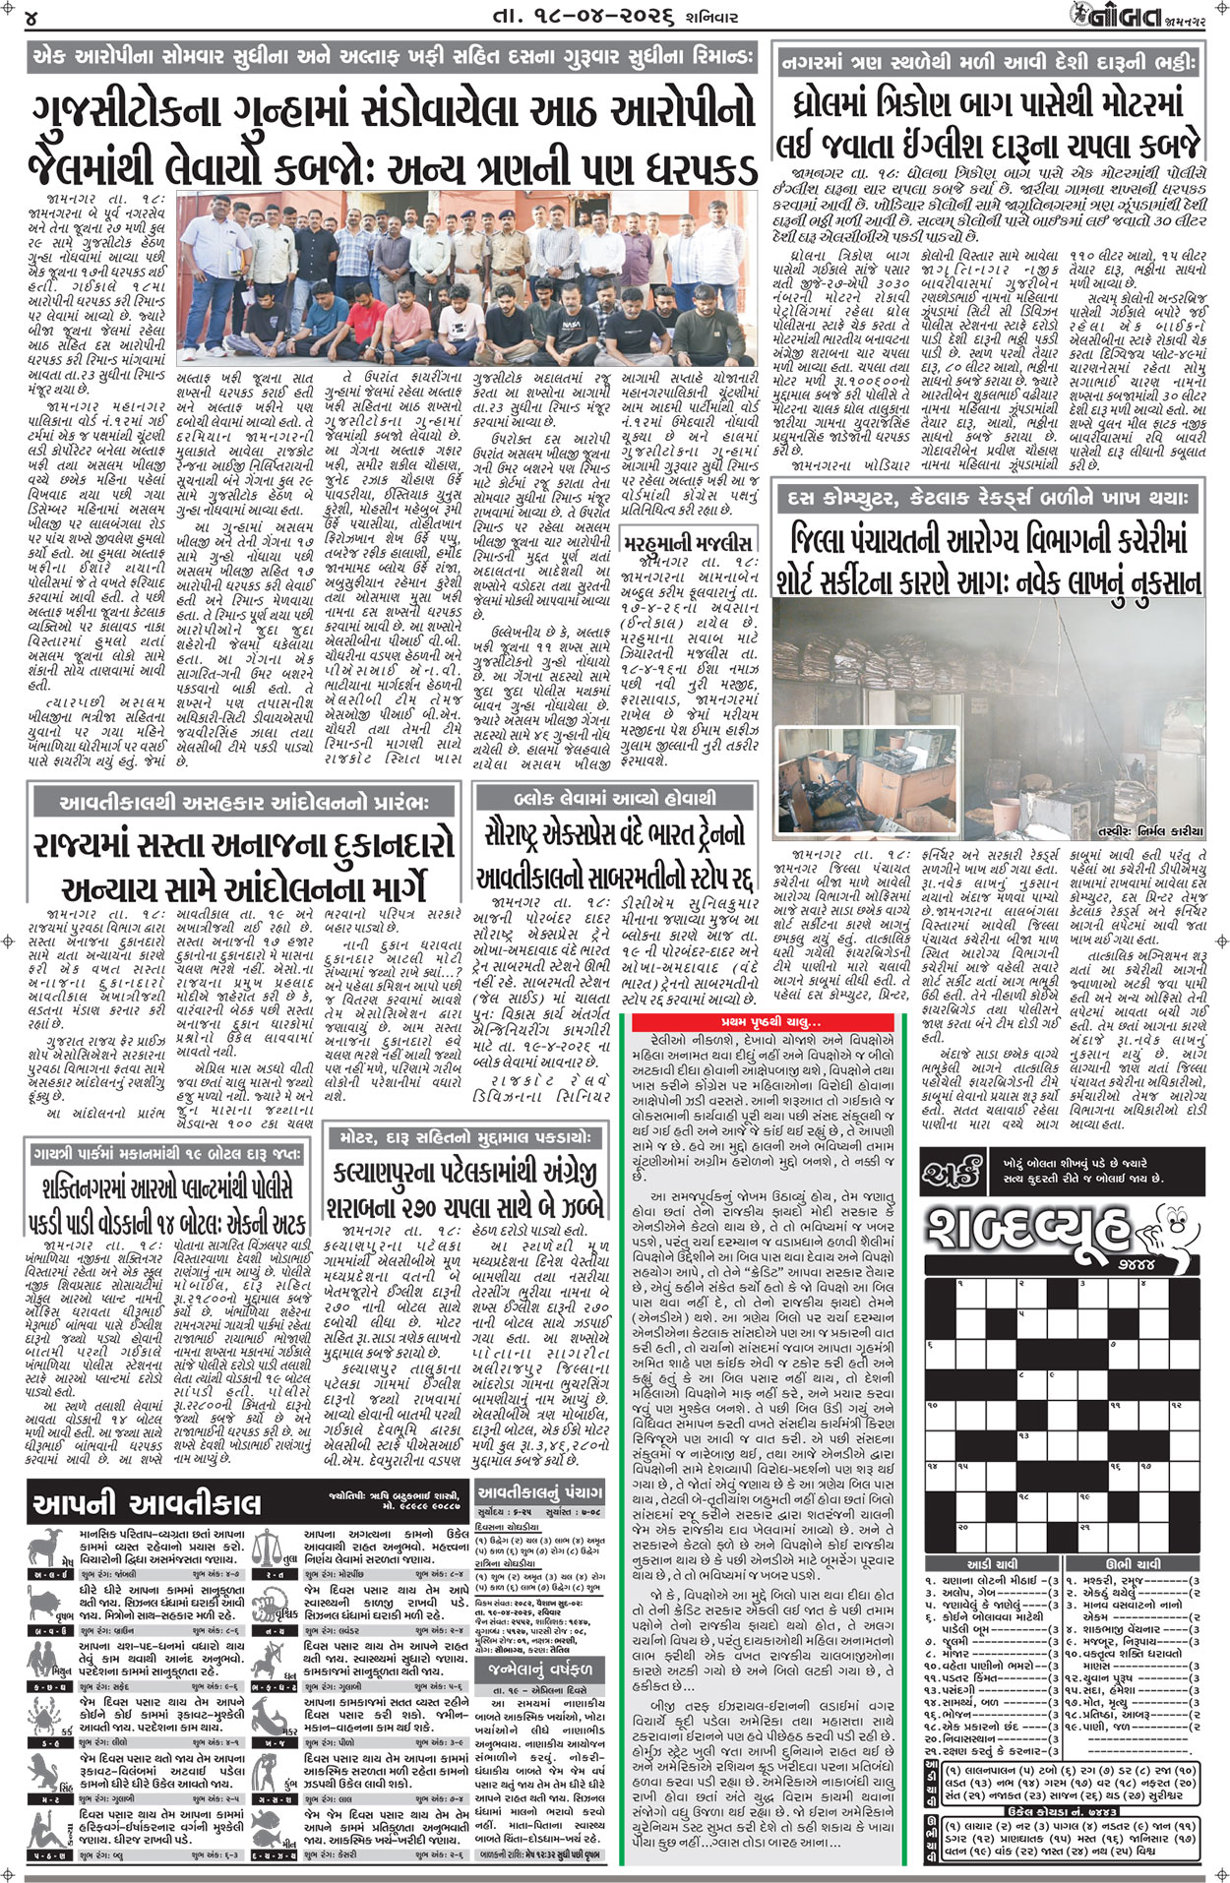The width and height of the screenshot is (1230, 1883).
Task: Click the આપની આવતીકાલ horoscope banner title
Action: click(147, 1503)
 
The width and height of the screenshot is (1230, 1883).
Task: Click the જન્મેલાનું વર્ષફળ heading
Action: click(539, 1671)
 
